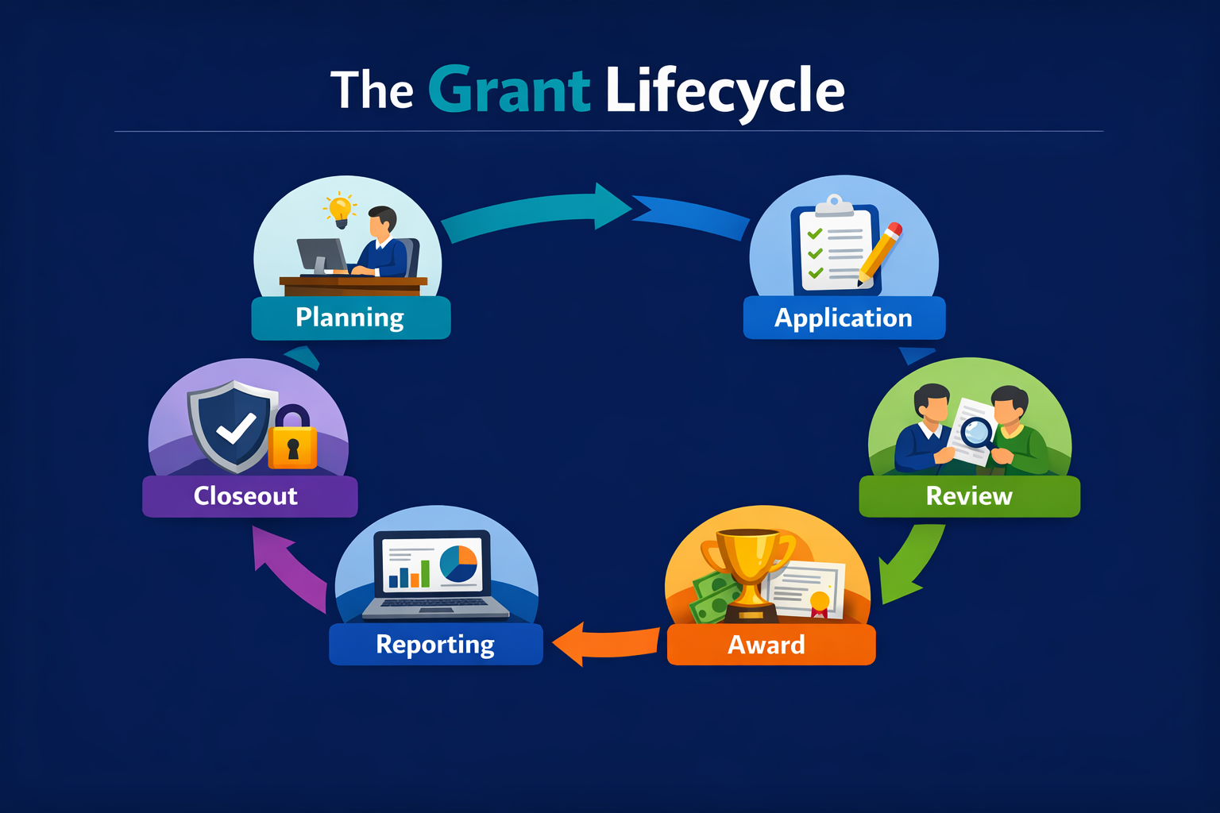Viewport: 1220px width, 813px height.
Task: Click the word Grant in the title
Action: pyautogui.click(x=509, y=91)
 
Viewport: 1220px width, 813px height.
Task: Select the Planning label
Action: pyautogui.click(x=350, y=318)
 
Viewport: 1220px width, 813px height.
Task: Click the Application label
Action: pyautogui.click(x=844, y=318)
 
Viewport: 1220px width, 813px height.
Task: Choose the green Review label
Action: pyautogui.click(x=969, y=496)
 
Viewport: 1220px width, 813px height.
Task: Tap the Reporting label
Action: pyautogui.click(x=435, y=644)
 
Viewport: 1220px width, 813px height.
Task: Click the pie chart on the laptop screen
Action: pyautogui.click(x=458, y=563)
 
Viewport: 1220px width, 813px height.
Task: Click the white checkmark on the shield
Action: pyautogui.click(x=236, y=429)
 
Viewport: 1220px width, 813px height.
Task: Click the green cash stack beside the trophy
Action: pyautogui.click(x=713, y=597)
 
